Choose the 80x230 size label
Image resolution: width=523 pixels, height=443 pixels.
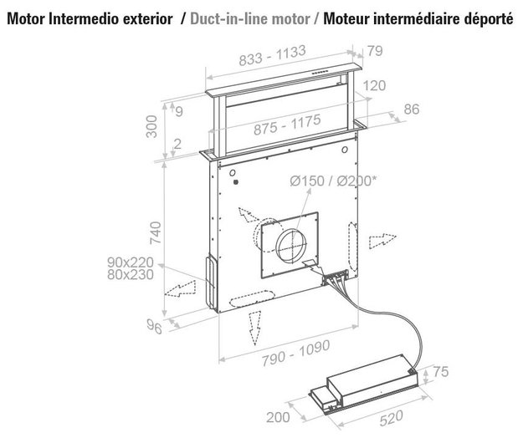[133, 273]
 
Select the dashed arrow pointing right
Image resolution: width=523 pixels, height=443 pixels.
[381, 240]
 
